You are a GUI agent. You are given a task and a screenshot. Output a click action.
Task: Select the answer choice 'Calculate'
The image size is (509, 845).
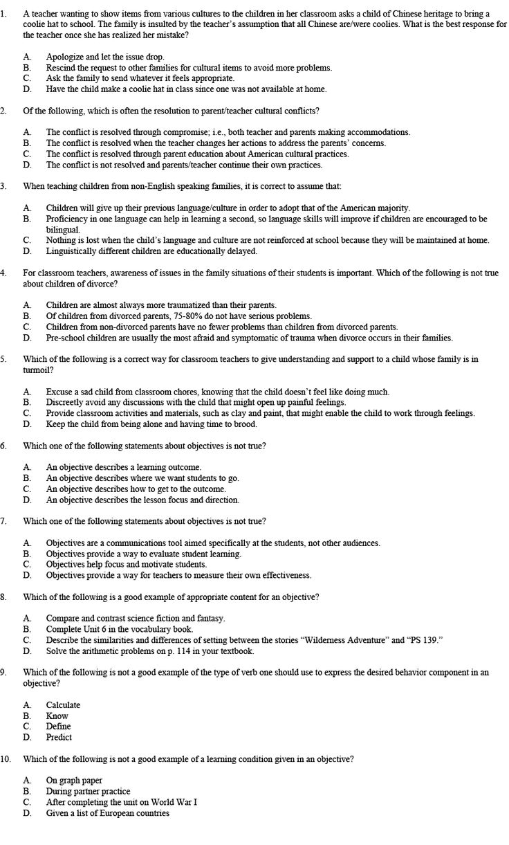(x=63, y=705)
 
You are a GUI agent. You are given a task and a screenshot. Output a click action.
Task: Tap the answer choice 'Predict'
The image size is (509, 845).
(x=59, y=737)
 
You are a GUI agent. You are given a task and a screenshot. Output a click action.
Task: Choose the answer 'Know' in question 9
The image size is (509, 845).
(x=57, y=716)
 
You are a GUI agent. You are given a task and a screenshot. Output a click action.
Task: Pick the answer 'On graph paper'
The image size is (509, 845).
(x=74, y=781)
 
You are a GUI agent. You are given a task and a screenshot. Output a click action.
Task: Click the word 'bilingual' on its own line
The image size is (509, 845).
(x=63, y=230)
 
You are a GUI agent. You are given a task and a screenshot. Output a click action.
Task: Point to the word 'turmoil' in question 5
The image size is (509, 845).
(x=37, y=370)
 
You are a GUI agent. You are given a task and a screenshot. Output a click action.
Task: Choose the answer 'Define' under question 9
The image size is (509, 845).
(x=58, y=727)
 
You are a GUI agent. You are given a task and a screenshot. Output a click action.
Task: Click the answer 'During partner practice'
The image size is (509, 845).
(x=88, y=791)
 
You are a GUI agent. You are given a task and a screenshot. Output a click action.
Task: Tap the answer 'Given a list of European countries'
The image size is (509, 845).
(x=107, y=813)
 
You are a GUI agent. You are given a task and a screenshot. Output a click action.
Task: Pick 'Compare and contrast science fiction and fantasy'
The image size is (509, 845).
(x=136, y=618)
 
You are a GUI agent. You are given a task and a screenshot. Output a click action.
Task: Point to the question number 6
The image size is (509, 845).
(x=4, y=446)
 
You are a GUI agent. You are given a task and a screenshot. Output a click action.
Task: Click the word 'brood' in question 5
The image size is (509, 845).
(x=245, y=424)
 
